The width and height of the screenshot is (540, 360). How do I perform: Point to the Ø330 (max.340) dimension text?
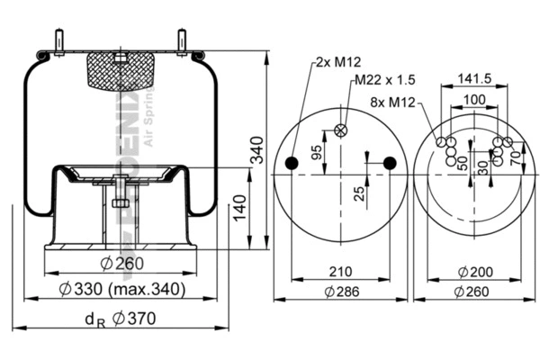click(x=121, y=289)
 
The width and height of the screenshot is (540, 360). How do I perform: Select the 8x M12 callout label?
click(x=395, y=103)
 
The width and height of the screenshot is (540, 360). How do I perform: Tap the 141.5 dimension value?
click(x=474, y=77)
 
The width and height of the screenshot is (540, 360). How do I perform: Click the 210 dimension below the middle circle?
click(x=340, y=270)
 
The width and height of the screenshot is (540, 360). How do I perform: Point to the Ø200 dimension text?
click(x=474, y=271)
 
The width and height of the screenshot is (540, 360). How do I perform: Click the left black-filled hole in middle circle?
click(x=292, y=163)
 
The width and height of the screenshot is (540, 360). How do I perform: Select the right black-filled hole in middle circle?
click(x=389, y=163)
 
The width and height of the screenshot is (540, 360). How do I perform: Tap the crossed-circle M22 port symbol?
click(x=340, y=130)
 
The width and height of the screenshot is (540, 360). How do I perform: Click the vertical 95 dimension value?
click(x=316, y=151)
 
